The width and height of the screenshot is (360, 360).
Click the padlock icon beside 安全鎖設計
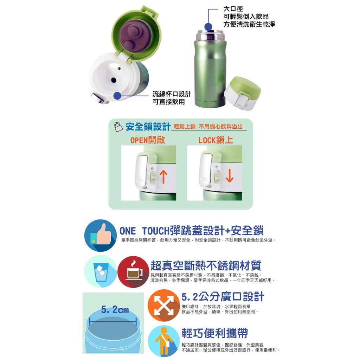pos(118,127)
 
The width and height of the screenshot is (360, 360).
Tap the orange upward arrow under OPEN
pos(163,177)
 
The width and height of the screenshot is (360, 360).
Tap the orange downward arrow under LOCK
pos(229,176)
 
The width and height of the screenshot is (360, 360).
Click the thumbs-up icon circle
pos(101,235)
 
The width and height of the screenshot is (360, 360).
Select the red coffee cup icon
pos(133,272)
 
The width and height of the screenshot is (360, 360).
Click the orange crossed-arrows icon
pos(164,306)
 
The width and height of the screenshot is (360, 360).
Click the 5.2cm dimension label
pos(115,310)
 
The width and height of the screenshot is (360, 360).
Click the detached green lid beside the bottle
pos(242,93)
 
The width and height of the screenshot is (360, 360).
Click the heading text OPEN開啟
pos(148,140)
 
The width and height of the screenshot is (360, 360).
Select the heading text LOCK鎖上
pos(216,140)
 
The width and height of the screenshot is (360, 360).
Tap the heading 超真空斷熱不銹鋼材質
pos(206,266)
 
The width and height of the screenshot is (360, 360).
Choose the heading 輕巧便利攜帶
pos(215,333)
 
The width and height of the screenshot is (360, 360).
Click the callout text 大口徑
pos(233,9)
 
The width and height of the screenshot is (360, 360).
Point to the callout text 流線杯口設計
pos(172,94)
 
